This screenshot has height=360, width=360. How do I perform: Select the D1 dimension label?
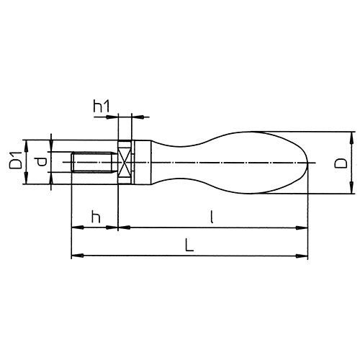(14, 161)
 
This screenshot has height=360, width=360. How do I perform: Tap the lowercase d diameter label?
(40, 162)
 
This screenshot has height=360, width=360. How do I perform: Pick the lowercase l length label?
(212, 216)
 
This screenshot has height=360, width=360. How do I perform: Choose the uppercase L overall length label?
(188, 245)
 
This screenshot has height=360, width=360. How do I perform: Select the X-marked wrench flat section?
(124, 162)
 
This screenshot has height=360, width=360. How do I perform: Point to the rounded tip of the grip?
(306, 163)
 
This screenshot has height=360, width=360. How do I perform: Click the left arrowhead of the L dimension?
(74, 255)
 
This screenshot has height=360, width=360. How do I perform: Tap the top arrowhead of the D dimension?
(352, 135)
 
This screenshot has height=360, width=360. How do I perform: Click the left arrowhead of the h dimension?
(74, 228)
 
